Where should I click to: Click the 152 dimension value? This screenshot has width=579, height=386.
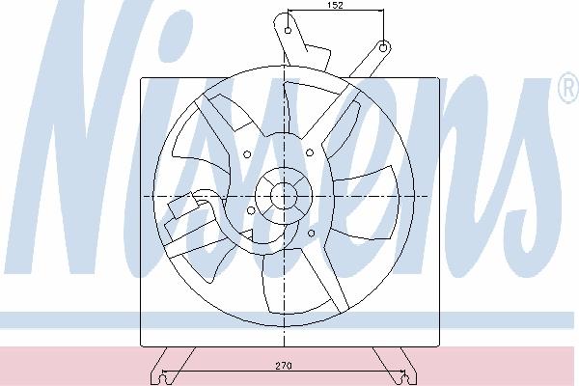click(x=335, y=5)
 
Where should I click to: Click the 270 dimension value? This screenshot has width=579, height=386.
click(x=284, y=366)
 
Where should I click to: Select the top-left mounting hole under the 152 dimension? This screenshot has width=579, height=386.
click(x=289, y=30)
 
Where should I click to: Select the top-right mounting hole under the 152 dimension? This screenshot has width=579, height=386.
click(x=383, y=48)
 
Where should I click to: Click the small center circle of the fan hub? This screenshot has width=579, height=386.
click(x=284, y=196)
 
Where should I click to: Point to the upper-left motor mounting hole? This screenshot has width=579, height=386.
click(x=247, y=154)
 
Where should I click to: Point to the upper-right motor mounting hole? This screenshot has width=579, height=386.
click(x=310, y=152)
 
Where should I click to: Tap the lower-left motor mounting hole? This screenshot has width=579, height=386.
click(x=251, y=210)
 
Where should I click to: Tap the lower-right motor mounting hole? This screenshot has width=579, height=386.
click(x=311, y=234)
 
